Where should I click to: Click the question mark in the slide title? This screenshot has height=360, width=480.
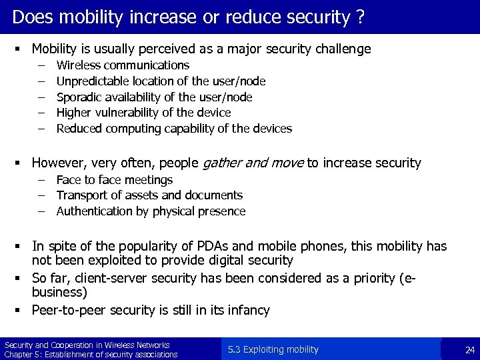click(361, 17)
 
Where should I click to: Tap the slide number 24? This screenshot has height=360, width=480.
click(469, 350)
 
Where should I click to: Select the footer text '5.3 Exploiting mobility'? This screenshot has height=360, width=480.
click(273, 349)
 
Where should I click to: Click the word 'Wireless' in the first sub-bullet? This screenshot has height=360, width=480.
click(79, 65)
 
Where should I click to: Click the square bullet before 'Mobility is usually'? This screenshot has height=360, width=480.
click(22, 49)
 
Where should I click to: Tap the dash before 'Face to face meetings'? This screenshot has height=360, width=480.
click(41, 180)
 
